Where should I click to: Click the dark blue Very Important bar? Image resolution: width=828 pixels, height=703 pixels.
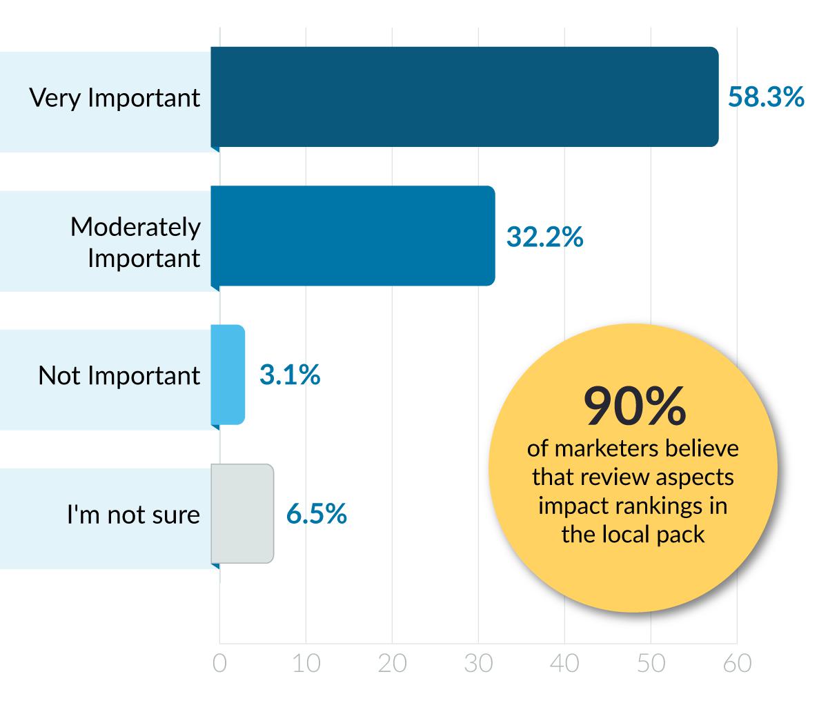[x=464, y=97]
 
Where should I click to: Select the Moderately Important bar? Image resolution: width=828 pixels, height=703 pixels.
[x=353, y=236]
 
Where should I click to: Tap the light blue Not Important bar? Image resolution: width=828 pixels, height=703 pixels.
[x=228, y=375]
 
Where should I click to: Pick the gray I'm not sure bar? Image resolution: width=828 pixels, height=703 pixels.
[x=242, y=514]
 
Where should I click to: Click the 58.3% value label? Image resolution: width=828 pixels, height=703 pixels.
[x=766, y=97]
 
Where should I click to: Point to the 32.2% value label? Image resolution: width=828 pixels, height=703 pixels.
[x=544, y=237]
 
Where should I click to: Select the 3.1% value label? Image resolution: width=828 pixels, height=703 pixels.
[x=290, y=375]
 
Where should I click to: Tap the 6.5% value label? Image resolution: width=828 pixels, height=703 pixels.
[x=317, y=514]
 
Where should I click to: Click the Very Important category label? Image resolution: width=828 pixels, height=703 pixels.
[x=115, y=97]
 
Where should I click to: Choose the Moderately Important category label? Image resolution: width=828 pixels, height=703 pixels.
[x=135, y=242]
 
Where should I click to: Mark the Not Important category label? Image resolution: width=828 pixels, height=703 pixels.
[x=119, y=376]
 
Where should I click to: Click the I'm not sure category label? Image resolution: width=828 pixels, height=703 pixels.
[x=133, y=515]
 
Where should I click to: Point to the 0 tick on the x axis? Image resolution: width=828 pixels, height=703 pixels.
[x=219, y=663]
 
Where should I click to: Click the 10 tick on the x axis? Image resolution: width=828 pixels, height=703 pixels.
[x=306, y=663]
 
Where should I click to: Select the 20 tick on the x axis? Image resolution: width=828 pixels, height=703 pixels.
[x=392, y=663]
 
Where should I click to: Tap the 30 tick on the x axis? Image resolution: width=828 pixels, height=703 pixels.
[x=478, y=663]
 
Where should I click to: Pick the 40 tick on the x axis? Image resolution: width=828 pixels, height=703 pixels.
[x=564, y=663]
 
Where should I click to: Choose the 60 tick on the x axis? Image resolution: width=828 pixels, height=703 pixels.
[x=737, y=663]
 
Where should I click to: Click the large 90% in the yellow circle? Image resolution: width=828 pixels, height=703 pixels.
[x=634, y=407]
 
